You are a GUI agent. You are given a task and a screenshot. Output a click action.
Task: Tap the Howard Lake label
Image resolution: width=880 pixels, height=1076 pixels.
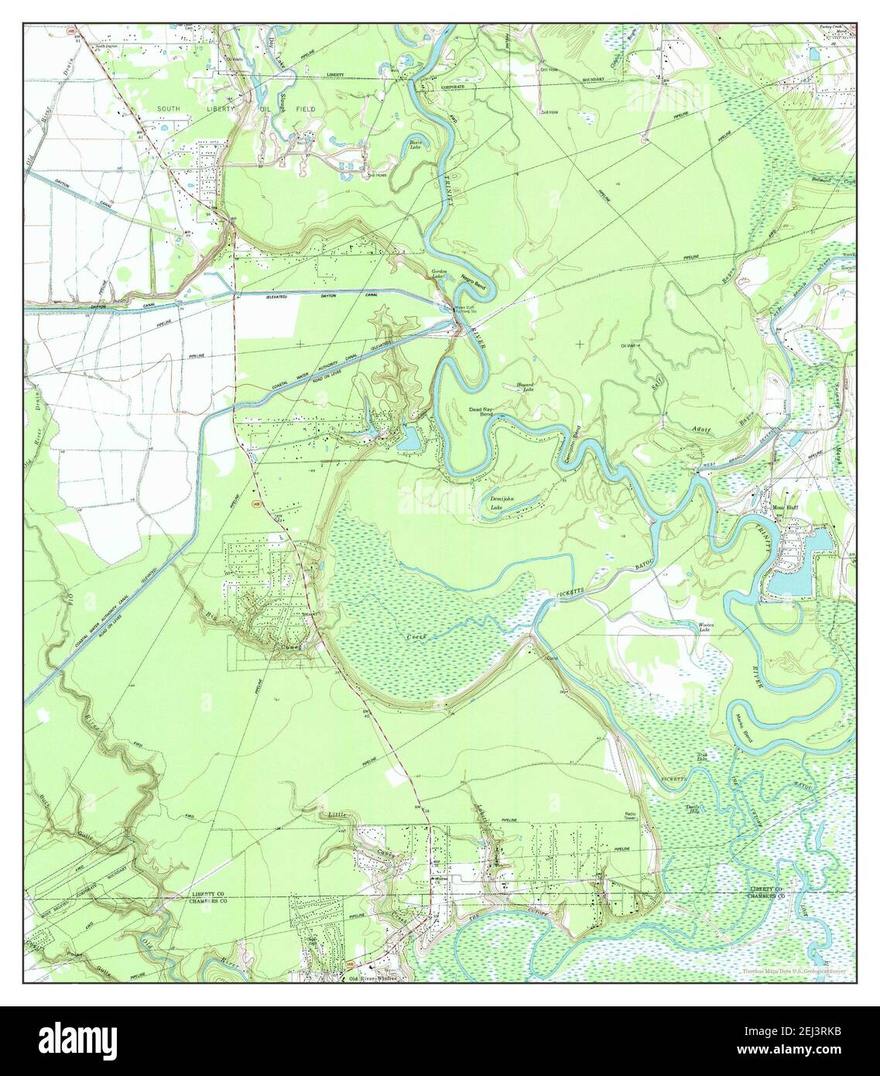[x=526, y=387]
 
